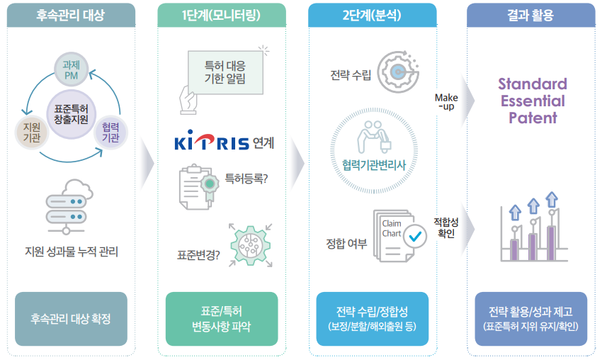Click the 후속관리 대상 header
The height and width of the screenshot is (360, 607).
(x=70, y=15)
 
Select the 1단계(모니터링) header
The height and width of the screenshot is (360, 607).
(x=222, y=15)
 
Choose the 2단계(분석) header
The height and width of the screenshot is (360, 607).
(x=368, y=15)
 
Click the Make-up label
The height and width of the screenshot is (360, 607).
(x=446, y=101)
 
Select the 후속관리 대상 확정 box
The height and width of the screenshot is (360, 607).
(x=70, y=319)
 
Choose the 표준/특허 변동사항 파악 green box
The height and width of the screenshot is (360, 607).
(x=222, y=319)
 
